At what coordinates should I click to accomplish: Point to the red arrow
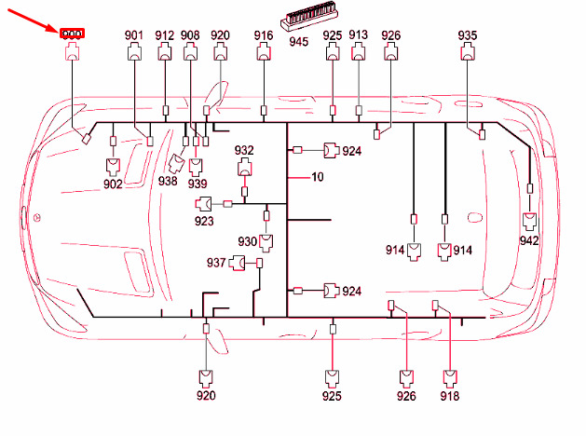tap(37, 20)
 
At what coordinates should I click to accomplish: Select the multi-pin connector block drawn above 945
tap(299, 23)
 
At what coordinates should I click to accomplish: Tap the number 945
tap(299, 42)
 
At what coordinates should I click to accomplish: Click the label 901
tap(135, 35)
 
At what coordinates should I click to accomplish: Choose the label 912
tap(165, 35)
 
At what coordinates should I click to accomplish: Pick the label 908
tap(190, 35)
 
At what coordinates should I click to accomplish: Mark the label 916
tap(264, 35)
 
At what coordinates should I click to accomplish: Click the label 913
tap(359, 35)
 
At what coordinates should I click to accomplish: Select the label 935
tap(468, 35)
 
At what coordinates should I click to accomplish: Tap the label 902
tap(113, 184)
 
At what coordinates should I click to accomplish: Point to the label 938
tap(168, 182)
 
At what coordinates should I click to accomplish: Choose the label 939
tap(197, 184)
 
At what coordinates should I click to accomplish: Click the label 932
tap(244, 150)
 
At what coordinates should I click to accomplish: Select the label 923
tap(204, 221)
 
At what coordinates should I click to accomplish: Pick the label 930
tap(248, 241)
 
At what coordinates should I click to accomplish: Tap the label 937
tap(216, 264)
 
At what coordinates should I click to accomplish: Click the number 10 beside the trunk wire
tap(318, 177)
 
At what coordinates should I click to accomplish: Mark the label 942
tap(529, 240)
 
